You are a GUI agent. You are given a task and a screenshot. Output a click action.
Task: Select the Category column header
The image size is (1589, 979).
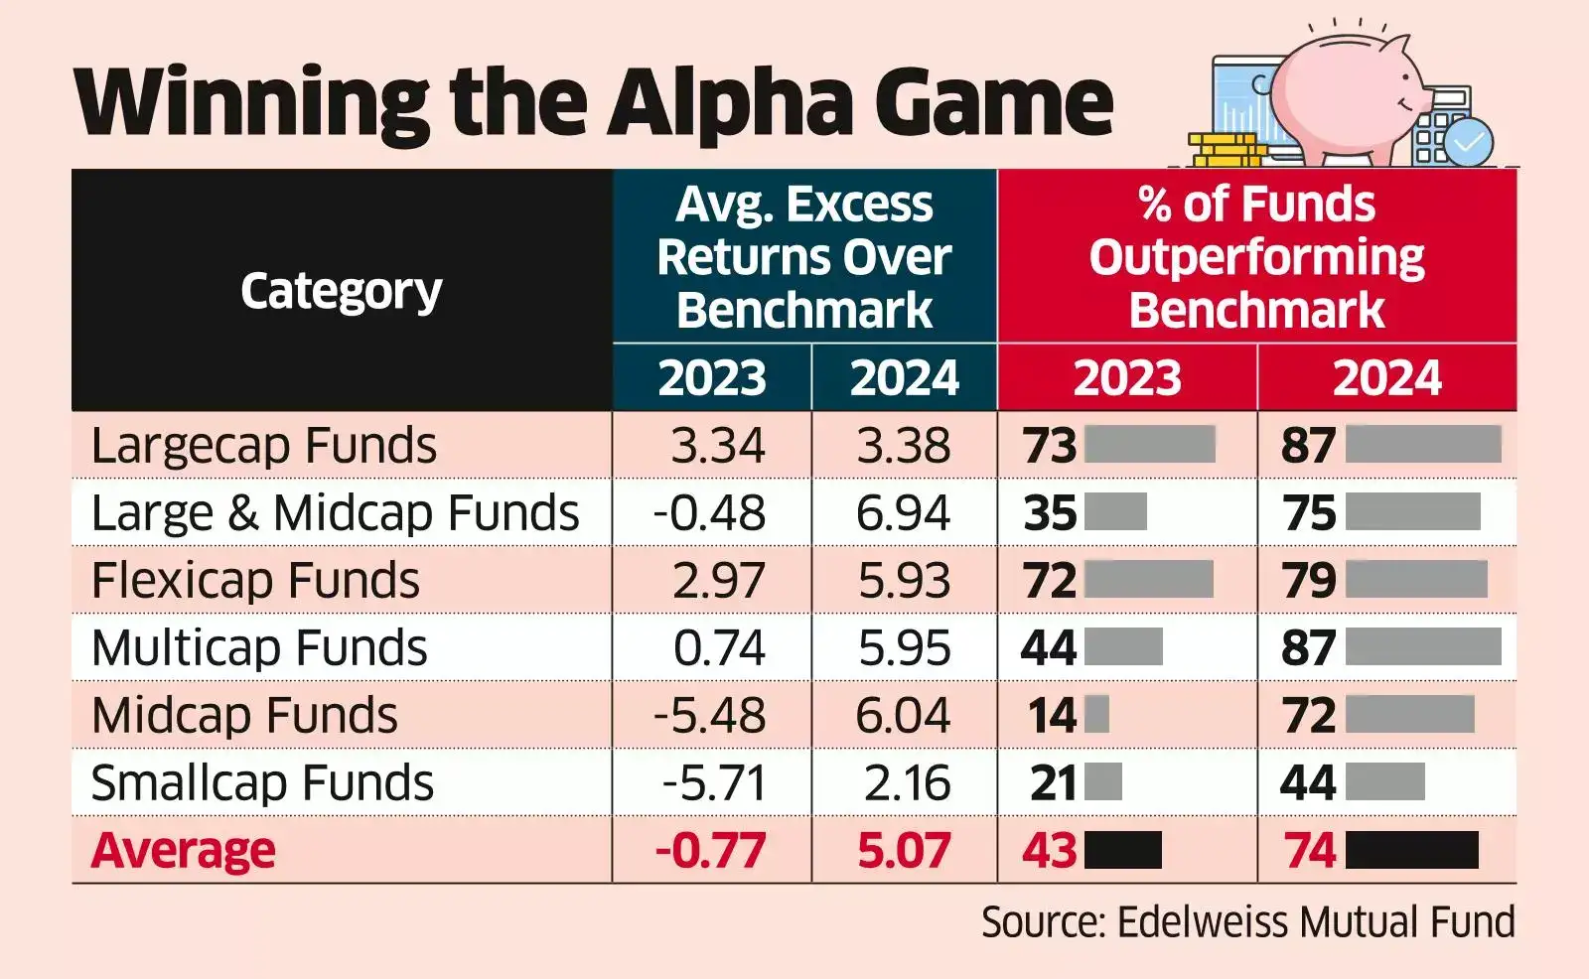(341, 291)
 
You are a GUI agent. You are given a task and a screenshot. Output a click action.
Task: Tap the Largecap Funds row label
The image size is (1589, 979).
(263, 446)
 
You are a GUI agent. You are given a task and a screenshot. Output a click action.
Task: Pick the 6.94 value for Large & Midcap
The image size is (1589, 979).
(904, 513)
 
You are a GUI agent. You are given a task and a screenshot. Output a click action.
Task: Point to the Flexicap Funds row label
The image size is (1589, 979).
(255, 581)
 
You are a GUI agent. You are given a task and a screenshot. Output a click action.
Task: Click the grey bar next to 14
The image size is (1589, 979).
(1096, 715)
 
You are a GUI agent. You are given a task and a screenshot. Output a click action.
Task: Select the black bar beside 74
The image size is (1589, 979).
(1411, 851)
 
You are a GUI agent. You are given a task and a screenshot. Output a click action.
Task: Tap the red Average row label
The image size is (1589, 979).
(184, 851)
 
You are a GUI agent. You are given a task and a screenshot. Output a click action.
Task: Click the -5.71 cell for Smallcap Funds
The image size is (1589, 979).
(714, 783)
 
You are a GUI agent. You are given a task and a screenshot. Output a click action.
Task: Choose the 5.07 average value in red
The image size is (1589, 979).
(904, 851)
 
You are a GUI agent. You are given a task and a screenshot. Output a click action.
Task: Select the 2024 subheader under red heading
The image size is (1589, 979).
(1386, 378)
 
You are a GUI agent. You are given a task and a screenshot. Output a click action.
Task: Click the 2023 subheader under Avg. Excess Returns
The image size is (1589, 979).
(712, 378)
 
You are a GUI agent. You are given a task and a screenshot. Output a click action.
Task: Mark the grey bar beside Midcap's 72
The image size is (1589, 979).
(1409, 715)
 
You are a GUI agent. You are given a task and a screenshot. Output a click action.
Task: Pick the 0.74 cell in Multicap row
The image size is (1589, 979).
(719, 648)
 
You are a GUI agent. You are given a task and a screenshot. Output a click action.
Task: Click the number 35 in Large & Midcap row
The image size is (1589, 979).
(1050, 513)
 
